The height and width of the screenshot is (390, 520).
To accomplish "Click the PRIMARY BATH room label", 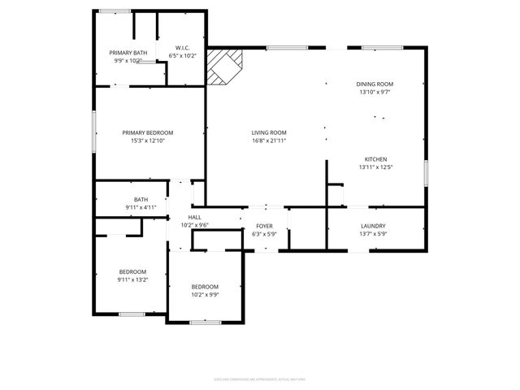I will point(128,53).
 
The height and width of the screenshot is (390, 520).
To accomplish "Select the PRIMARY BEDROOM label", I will point(148,132).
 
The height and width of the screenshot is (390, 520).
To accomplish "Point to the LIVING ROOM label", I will point(268,132).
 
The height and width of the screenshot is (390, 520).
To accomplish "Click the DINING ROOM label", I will point(375,84).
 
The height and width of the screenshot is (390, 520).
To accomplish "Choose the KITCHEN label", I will point(375,158).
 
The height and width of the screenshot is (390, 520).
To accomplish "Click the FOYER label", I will point(265,226).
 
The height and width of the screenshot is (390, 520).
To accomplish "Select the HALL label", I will point(195,217).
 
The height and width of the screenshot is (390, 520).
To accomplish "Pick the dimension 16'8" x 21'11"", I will point(268,141).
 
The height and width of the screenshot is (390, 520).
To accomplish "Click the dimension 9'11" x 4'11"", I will point(141,207).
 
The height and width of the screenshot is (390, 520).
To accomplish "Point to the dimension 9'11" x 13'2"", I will point(133,279).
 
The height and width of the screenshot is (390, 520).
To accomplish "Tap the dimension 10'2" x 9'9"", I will point(205,294).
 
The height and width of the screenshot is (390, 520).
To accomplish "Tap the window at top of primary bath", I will point(115,11).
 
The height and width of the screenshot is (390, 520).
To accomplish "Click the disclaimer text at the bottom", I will point(260,378).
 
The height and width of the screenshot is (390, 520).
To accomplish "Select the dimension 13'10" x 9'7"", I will point(375,92).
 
